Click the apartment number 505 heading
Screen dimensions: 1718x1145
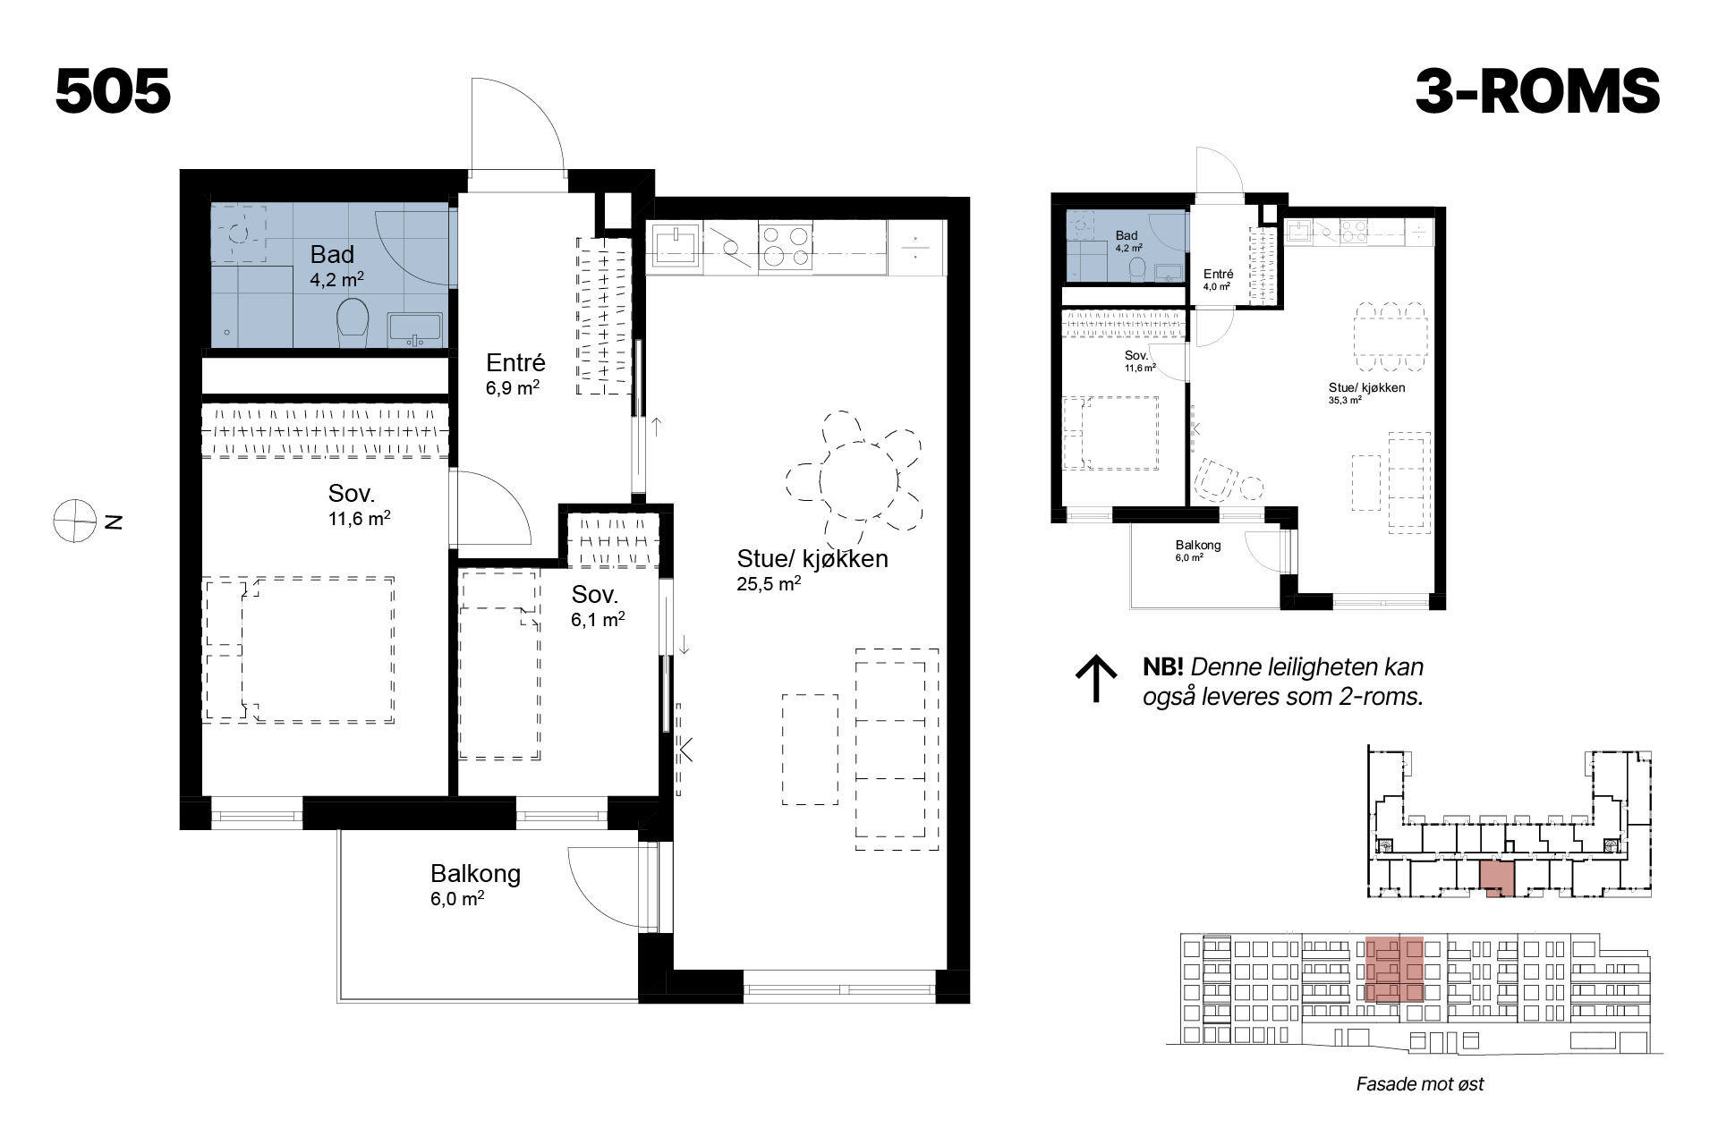113,91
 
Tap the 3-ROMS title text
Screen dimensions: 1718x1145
1537,91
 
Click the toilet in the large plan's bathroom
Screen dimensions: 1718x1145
353,319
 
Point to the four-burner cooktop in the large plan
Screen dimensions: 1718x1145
786,245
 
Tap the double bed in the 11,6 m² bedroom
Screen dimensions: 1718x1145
299,650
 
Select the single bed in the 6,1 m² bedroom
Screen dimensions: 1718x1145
499,666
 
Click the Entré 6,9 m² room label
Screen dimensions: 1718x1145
515,374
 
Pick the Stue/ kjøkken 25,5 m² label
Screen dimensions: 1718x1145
812,570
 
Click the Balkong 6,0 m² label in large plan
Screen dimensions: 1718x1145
474,885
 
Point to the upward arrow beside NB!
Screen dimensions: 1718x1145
1095,680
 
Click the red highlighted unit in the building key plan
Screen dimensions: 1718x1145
1496,878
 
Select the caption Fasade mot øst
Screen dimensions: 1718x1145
1420,1084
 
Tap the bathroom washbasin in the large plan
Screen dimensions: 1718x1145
415,329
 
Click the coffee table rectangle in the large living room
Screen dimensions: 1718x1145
810,749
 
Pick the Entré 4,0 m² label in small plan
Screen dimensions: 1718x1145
1218,280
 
